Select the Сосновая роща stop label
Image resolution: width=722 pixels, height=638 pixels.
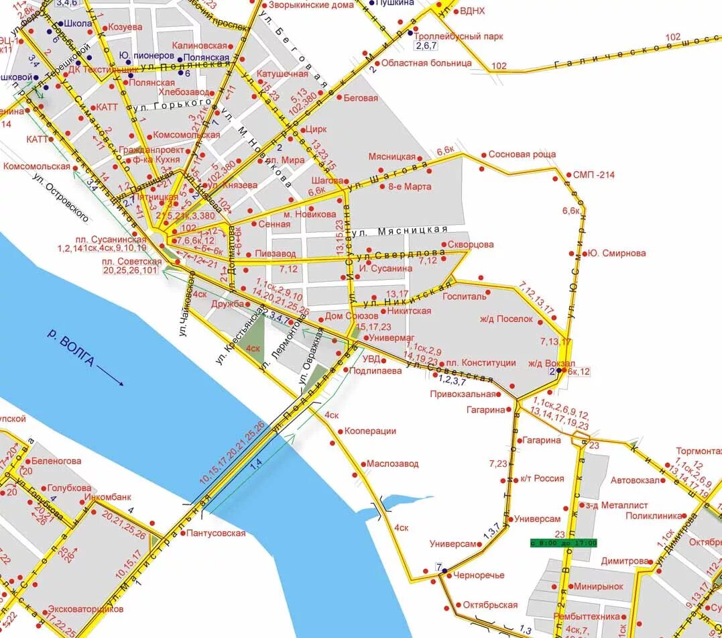522,154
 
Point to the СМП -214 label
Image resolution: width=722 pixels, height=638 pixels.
593,175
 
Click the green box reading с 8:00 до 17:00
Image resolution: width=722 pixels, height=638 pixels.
562,543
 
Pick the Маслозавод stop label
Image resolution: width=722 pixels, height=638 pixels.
392,464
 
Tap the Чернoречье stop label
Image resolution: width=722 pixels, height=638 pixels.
479,575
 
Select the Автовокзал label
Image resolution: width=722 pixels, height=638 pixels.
636,480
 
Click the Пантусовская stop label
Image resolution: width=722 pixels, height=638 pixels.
217,533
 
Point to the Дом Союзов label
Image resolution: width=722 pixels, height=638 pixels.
352,315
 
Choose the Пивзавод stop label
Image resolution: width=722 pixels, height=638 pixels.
275,254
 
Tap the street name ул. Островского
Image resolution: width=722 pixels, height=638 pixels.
62,197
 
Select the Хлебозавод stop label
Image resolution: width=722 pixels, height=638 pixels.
183,92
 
